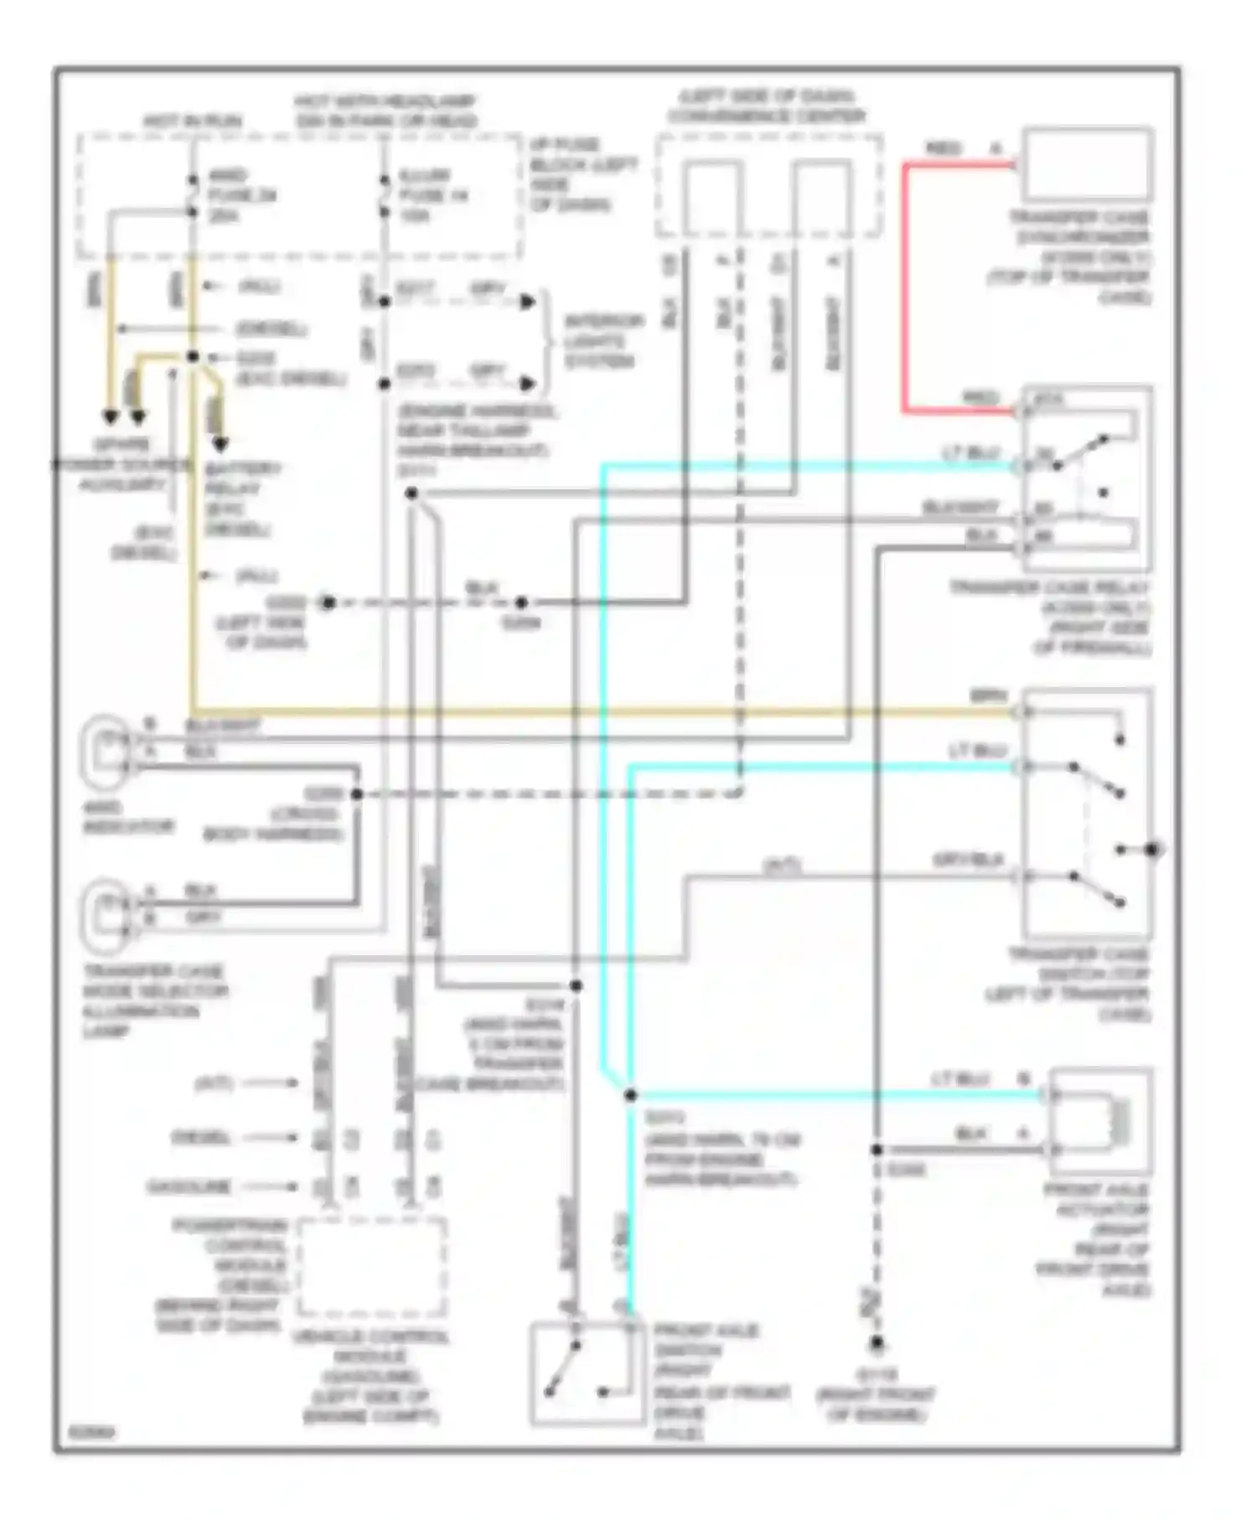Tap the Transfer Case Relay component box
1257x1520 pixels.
(1086, 478)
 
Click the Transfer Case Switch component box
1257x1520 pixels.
(1086, 813)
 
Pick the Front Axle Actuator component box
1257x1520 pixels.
(1100, 1120)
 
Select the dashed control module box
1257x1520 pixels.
(371, 1268)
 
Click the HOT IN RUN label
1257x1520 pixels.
(192, 122)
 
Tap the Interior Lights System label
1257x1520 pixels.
(603, 341)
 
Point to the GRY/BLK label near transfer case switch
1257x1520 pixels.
(968, 861)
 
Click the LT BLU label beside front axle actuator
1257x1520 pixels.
(960, 1079)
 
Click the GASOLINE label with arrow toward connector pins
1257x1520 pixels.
(189, 1187)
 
